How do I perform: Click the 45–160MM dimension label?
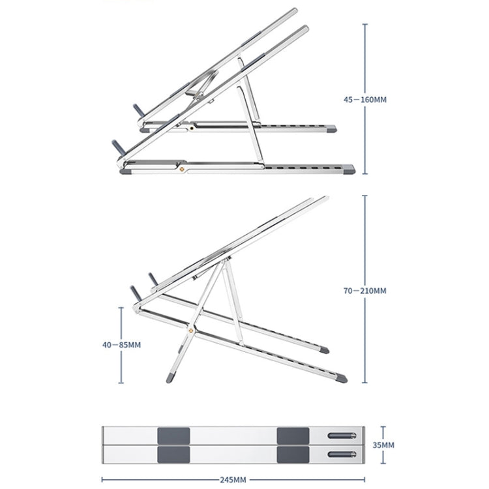pyautogui.click(x=365, y=100)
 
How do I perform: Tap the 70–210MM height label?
pyautogui.click(x=365, y=290)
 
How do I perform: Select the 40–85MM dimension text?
pyautogui.click(x=121, y=344)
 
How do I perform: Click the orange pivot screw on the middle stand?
pyautogui.click(x=191, y=331)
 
